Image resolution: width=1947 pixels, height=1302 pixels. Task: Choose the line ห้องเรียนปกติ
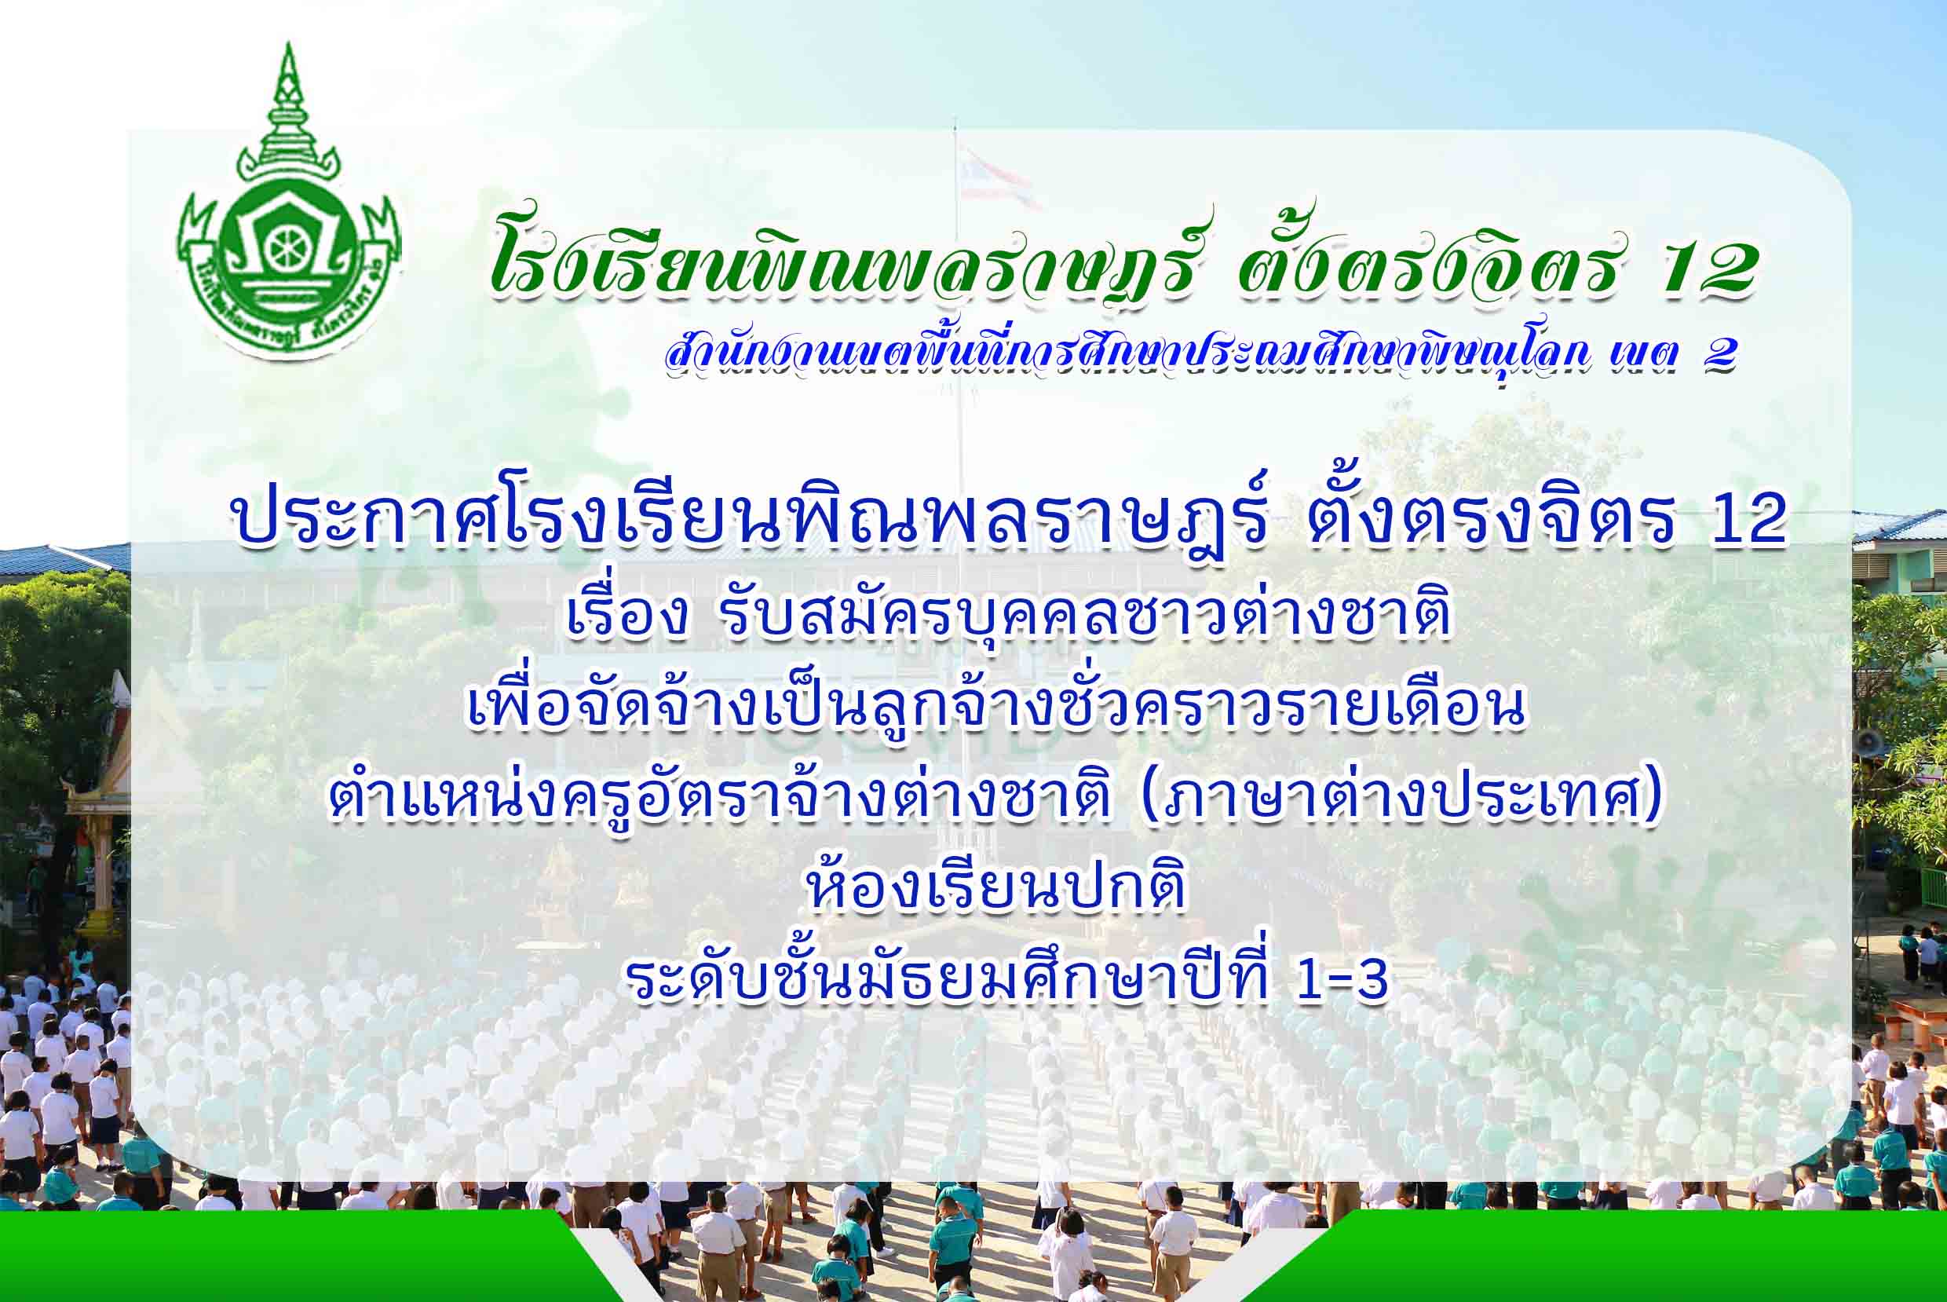point(995,885)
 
